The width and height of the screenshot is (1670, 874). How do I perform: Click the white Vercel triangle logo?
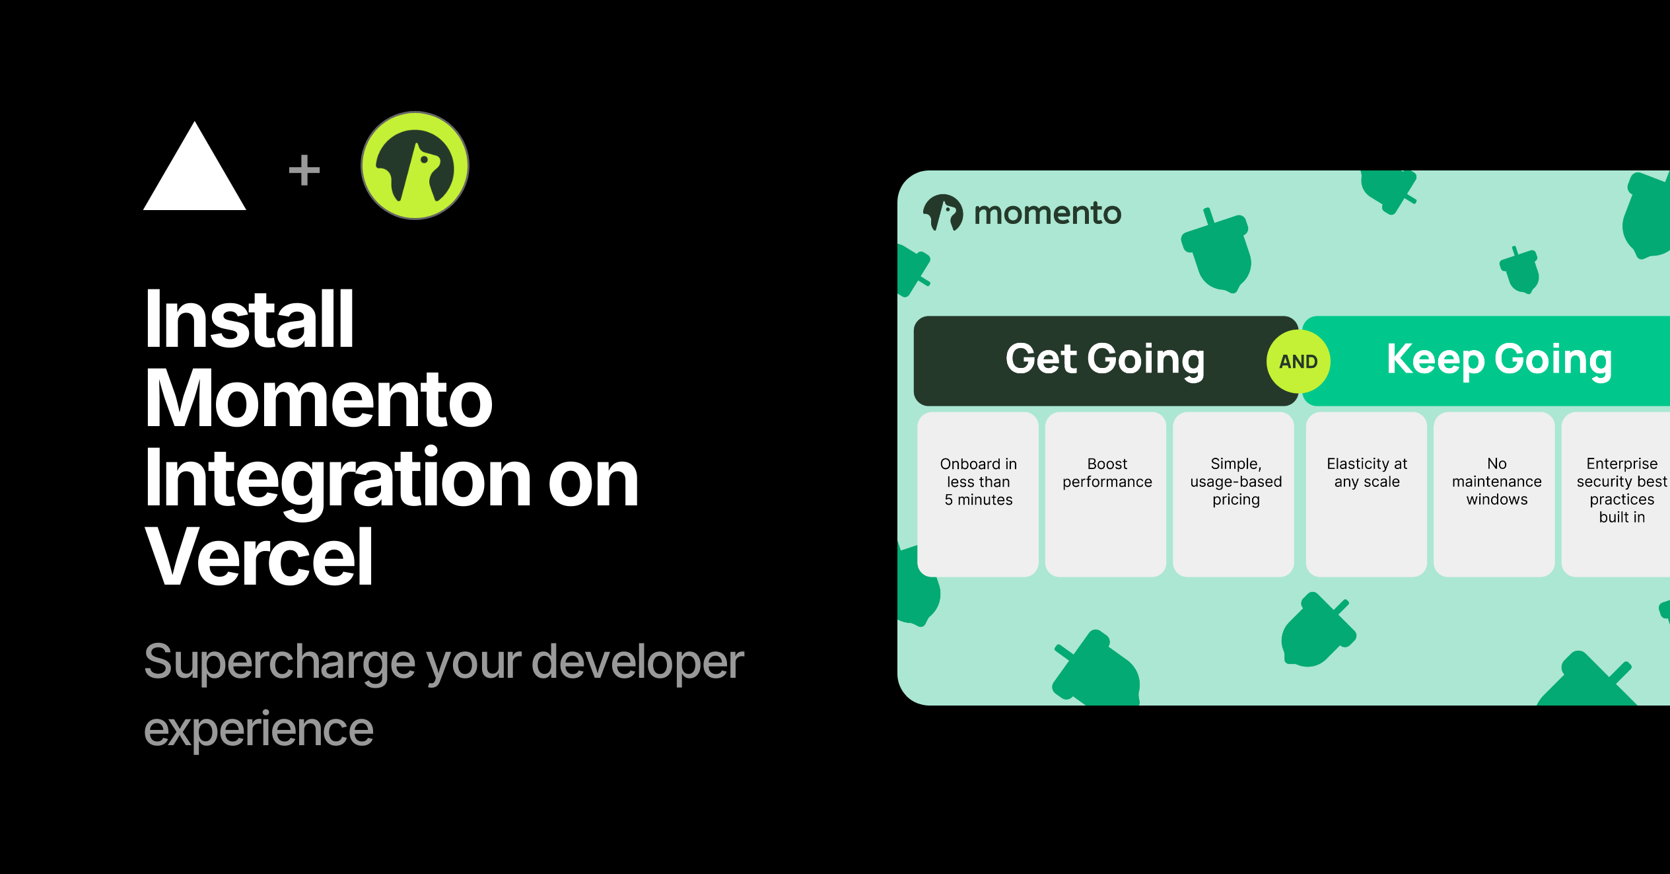click(x=195, y=172)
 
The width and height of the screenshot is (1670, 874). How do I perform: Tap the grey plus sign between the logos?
click(x=304, y=170)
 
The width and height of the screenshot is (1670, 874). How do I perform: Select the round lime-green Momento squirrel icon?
click(x=415, y=165)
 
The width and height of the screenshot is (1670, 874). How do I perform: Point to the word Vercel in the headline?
click(x=259, y=557)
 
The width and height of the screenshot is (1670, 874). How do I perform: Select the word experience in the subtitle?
click(x=259, y=731)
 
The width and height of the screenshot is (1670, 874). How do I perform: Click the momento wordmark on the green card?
click(x=1047, y=213)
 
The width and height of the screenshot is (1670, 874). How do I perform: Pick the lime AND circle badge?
click(x=1298, y=361)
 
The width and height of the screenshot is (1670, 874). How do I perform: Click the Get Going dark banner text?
click(x=1105, y=361)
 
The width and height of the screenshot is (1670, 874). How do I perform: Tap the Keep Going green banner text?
click(x=1499, y=361)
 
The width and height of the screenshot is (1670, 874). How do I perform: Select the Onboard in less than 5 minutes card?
click(x=978, y=494)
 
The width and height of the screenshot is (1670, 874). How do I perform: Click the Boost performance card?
click(x=1106, y=494)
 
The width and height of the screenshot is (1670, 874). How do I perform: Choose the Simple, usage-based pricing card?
click(x=1234, y=494)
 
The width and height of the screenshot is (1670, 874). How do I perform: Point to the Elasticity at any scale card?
click(x=1366, y=494)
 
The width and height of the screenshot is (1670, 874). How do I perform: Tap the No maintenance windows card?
click(x=1494, y=494)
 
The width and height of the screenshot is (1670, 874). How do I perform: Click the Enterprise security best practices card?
click(x=1616, y=494)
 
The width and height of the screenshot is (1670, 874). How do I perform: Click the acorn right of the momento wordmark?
click(x=1217, y=251)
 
